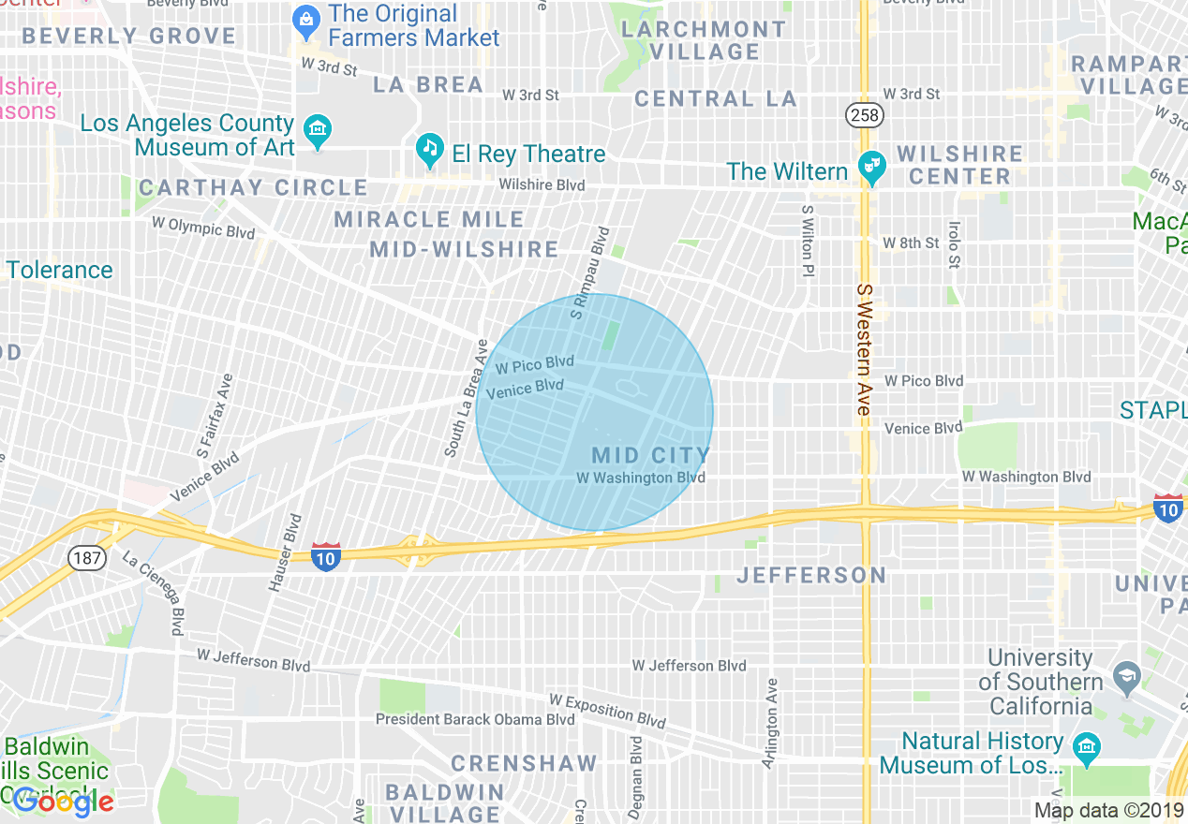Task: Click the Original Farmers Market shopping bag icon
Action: pyautogui.click(x=305, y=19)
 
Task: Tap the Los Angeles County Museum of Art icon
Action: pyautogui.click(x=318, y=131)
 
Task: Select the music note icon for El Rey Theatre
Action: pyautogui.click(x=430, y=150)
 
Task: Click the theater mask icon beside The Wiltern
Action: pyautogui.click(x=872, y=168)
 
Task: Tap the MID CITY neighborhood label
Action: pyautogui.click(x=650, y=456)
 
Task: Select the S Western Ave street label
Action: pyautogui.click(x=863, y=351)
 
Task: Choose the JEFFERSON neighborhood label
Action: pyautogui.click(x=811, y=575)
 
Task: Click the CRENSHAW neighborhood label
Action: pyautogui.click(x=524, y=763)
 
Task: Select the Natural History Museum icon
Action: pyautogui.click(x=1087, y=747)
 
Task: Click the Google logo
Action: pyautogui.click(x=64, y=802)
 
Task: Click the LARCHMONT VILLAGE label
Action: pyautogui.click(x=705, y=40)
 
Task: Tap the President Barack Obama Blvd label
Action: pyautogui.click(x=474, y=719)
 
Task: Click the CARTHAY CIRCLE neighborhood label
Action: pyautogui.click(x=253, y=187)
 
